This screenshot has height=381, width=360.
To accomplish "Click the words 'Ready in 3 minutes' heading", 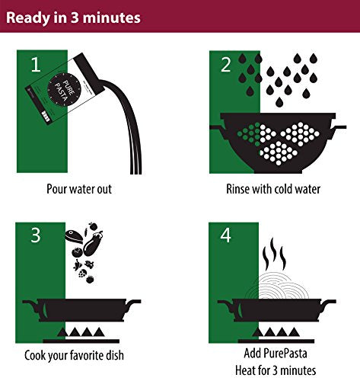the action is tap(73, 18).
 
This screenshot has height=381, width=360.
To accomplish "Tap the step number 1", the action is tap(36, 64).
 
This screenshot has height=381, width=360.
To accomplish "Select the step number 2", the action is tap(226, 65).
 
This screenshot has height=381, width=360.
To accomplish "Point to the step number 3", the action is tap(36, 235).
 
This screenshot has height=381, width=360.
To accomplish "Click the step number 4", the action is tap(225, 235).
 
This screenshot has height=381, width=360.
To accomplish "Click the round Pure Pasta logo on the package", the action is tap(64, 90).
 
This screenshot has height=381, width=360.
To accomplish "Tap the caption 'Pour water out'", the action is tap(79, 189).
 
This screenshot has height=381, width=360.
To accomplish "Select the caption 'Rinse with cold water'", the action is tap(273, 189).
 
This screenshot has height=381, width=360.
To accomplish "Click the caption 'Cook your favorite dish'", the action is tap(74, 355).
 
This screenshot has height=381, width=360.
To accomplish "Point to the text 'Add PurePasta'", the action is tap(276, 353).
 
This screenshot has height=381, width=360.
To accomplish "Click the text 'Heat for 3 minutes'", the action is tap(276, 370).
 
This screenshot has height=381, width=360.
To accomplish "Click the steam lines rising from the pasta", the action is tap(274, 254).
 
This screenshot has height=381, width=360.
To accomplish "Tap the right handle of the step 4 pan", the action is tap(328, 305).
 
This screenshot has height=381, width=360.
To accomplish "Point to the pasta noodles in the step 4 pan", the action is tap(277, 287).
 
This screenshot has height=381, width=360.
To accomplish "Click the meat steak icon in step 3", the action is tap(74, 236).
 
